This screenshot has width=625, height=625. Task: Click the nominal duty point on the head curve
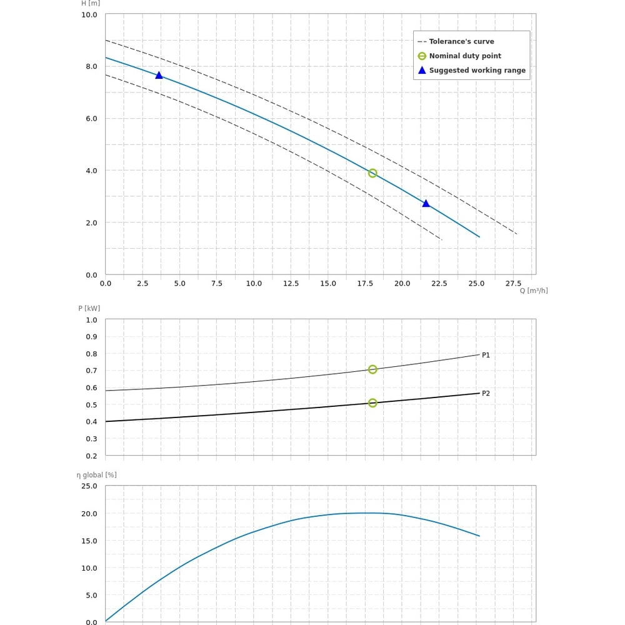[372, 173]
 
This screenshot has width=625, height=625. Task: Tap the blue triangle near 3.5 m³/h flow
[159, 75]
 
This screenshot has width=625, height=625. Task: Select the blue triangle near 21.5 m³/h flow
[426, 203]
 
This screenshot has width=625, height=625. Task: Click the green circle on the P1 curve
[372, 369]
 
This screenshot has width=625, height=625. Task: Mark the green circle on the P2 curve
[372, 403]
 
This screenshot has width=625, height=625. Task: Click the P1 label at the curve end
[486, 355]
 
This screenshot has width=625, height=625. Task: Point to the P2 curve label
[486, 393]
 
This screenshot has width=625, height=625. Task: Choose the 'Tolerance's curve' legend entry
[461, 41]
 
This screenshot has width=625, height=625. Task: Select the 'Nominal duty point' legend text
[465, 56]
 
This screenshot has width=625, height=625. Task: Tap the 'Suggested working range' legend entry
[477, 70]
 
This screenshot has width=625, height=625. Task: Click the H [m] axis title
[91, 3]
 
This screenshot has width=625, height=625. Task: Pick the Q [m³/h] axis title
[534, 291]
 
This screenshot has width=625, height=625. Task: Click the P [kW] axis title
[89, 308]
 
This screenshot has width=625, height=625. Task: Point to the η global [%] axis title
[97, 475]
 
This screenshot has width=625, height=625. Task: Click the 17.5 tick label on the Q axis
[365, 283]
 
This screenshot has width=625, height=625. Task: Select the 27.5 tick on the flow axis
[513, 283]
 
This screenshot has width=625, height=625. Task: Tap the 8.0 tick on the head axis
[91, 66]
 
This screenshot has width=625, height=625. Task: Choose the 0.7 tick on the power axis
[91, 371]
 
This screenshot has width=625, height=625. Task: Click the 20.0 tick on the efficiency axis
[89, 514]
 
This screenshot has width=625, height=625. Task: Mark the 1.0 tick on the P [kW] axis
[91, 320]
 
